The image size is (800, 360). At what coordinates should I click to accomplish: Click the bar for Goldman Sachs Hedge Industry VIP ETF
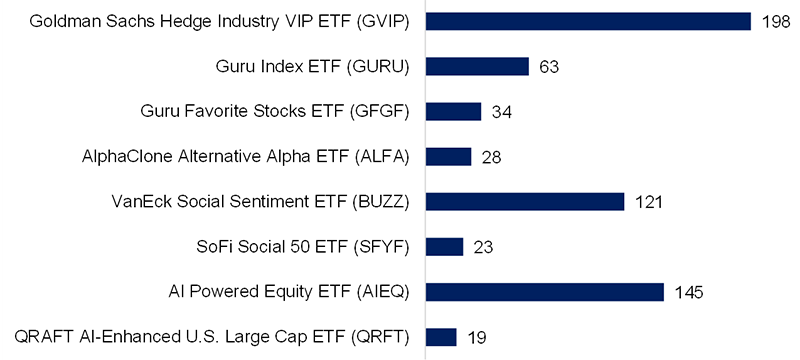click(588, 21)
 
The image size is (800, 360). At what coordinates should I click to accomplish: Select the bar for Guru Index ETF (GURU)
click(477, 66)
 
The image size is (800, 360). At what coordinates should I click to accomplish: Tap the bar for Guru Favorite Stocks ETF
click(453, 111)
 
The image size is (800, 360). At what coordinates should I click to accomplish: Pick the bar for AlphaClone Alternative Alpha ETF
click(448, 156)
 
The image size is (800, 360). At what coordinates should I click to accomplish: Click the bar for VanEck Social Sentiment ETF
click(525, 201)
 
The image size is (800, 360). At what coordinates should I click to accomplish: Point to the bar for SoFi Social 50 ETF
click(444, 246)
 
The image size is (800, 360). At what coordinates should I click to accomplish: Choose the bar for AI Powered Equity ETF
click(545, 291)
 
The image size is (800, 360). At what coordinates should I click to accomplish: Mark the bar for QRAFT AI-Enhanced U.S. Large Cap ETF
click(441, 336)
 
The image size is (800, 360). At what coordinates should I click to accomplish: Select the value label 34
click(502, 112)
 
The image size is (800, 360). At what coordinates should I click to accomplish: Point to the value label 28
click(491, 157)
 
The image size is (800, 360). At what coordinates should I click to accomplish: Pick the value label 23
click(483, 247)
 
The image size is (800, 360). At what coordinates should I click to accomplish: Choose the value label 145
click(689, 292)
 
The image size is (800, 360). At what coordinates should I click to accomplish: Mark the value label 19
click(477, 337)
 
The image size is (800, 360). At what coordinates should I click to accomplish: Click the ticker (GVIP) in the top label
click(384, 21)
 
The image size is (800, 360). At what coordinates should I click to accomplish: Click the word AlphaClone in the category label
click(122, 156)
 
